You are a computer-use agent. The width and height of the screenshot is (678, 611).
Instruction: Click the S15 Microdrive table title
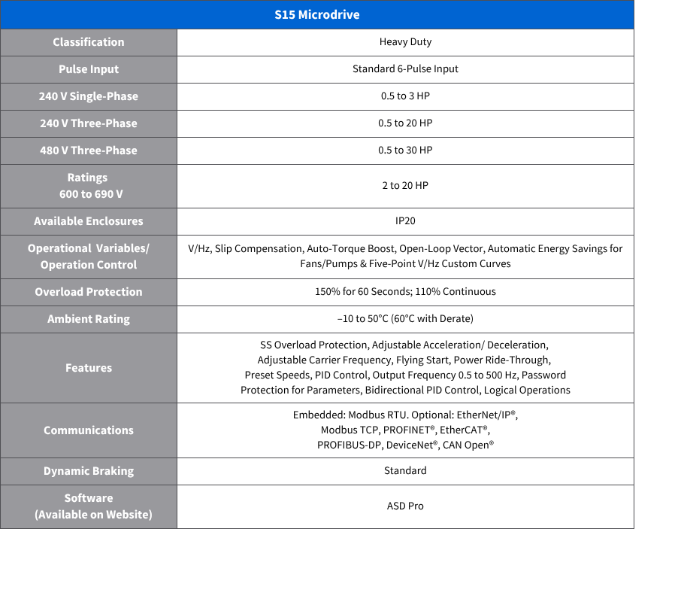point(316,15)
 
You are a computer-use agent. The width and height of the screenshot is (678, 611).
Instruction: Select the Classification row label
point(89,42)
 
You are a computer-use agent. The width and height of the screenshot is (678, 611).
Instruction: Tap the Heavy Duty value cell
point(405,42)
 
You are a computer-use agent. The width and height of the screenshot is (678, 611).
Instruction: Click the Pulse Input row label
point(89,69)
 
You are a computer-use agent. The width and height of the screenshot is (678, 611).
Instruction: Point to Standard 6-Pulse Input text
point(405,69)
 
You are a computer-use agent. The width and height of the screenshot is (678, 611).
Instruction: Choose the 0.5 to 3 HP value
point(405,96)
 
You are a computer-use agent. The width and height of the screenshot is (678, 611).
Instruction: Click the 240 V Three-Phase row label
point(89,123)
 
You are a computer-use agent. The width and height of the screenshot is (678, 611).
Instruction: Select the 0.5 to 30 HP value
point(405,150)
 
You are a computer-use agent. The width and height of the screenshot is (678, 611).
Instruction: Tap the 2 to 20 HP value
point(405,186)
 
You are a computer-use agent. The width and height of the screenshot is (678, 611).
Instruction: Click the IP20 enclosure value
point(405,221)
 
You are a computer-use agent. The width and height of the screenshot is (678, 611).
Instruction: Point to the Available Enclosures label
point(89,221)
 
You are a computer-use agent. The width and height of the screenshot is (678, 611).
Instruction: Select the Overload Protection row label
point(89,292)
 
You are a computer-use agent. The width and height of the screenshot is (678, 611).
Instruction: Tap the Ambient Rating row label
point(89,319)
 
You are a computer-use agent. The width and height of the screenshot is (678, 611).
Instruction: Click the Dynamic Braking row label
point(89,471)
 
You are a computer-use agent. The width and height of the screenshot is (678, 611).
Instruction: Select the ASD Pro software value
point(405,506)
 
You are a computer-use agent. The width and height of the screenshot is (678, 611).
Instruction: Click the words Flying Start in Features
point(421,360)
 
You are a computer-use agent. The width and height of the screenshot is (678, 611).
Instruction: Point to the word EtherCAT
point(463,430)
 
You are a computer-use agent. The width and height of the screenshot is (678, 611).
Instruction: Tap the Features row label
point(89,368)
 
